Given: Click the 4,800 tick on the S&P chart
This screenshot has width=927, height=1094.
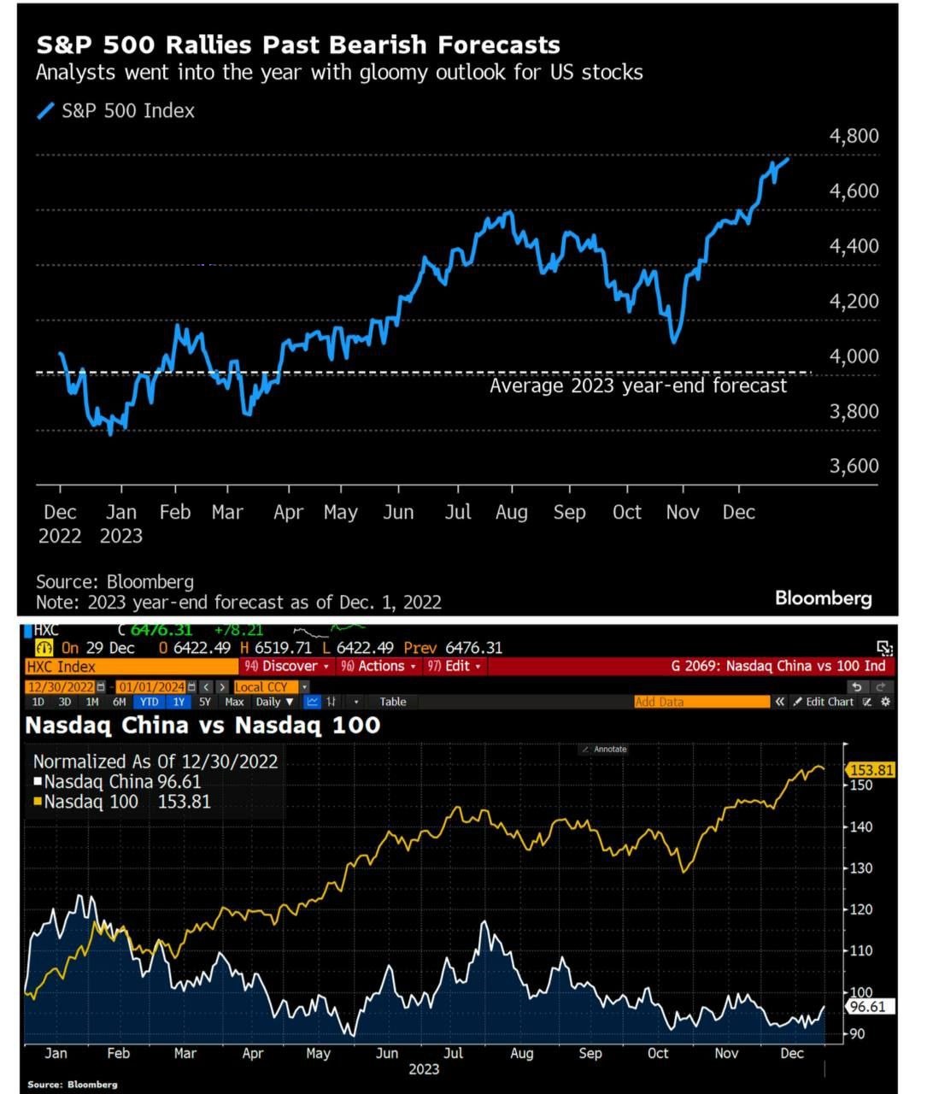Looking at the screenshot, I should tap(854, 136).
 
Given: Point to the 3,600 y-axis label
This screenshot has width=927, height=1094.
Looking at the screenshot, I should tap(854, 466).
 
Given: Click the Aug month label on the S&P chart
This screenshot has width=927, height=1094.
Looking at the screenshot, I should tap(511, 512).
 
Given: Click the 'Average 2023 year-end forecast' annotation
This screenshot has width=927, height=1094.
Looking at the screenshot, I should tap(637, 385).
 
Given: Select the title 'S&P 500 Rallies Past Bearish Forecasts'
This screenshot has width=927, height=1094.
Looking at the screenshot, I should tap(298, 44).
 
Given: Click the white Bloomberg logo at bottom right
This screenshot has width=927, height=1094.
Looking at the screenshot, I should tap(823, 597).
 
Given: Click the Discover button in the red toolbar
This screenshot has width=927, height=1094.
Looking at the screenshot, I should tap(287, 666).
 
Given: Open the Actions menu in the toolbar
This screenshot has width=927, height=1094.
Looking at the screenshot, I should tap(378, 666).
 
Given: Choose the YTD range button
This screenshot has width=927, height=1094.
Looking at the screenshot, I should tap(149, 702).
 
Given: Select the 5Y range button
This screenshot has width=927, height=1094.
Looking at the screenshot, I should tap(204, 702).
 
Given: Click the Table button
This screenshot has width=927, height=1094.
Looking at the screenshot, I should tap(393, 702).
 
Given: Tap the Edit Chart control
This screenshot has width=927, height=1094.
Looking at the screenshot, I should tap(824, 702).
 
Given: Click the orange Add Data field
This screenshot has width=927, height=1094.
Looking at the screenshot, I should tap(701, 702).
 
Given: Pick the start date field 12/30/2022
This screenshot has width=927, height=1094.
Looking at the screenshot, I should tap(60, 687).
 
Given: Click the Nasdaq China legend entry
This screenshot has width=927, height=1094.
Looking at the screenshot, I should tap(117, 781).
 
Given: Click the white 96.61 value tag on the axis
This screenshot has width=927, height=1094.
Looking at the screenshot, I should tap(869, 1007).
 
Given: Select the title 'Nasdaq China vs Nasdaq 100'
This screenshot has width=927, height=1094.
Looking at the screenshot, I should tap(202, 725).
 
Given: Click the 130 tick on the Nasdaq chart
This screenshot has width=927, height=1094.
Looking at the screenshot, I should tap(860, 868).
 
